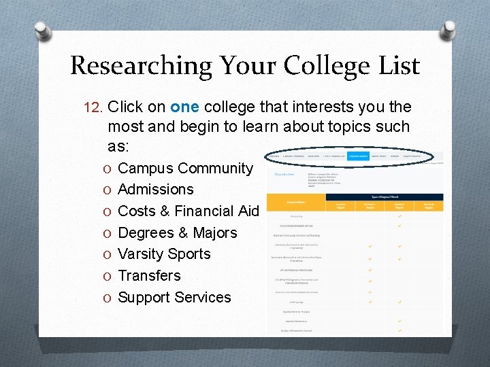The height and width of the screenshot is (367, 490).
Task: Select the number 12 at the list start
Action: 91,107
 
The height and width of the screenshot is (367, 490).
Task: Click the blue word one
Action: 184,107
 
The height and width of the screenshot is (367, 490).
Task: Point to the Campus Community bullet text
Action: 185,168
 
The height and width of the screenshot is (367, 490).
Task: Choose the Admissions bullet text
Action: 156,189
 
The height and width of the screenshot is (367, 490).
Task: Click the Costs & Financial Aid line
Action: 189,211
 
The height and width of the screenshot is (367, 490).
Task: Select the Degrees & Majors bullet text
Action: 178,232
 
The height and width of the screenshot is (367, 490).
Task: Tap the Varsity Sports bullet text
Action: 164,254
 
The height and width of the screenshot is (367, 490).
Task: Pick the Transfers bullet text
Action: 149,275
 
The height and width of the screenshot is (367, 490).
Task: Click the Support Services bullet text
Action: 174,297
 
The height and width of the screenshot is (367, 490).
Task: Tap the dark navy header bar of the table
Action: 385,197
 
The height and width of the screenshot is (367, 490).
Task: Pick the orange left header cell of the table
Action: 297,202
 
